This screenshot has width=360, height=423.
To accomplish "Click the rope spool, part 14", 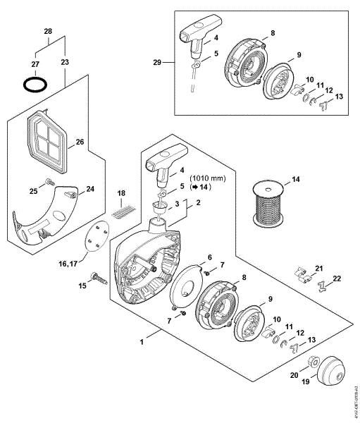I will [271, 200].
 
